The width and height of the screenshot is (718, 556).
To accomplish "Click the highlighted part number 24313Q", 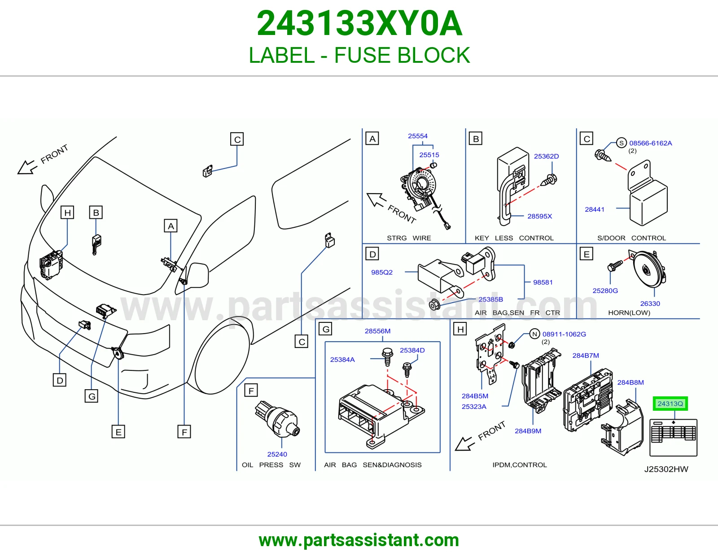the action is pyautogui.click(x=670, y=404).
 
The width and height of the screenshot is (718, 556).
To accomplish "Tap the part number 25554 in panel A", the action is pyautogui.click(x=418, y=136).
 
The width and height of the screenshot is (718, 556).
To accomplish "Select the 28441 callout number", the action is pyautogui.click(x=595, y=209).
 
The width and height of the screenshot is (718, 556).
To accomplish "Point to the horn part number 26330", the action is pyautogui.click(x=650, y=304).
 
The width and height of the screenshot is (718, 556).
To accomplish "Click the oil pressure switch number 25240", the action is pyautogui.click(x=277, y=454).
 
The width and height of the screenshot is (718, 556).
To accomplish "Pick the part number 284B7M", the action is pyautogui.click(x=586, y=356).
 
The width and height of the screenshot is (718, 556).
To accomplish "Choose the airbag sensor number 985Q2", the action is pyautogui.click(x=381, y=272).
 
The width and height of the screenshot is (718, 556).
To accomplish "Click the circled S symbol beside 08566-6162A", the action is pyautogui.click(x=621, y=143).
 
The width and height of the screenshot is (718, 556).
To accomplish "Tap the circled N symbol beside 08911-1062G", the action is pyautogui.click(x=534, y=334).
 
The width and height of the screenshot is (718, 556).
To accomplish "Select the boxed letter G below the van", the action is pyautogui.click(x=92, y=396).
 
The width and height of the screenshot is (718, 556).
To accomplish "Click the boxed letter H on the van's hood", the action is pyautogui.click(x=67, y=212).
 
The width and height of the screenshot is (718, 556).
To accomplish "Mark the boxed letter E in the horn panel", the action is pyautogui.click(x=586, y=254).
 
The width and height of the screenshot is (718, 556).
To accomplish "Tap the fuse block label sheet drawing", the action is pyautogui.click(x=674, y=438).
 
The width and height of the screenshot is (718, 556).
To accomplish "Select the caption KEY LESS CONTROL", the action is pyautogui.click(x=514, y=238).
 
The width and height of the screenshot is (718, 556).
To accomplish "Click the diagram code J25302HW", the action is pyautogui.click(x=666, y=469).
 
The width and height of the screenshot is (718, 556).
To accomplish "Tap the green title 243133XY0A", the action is pyautogui.click(x=359, y=23).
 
